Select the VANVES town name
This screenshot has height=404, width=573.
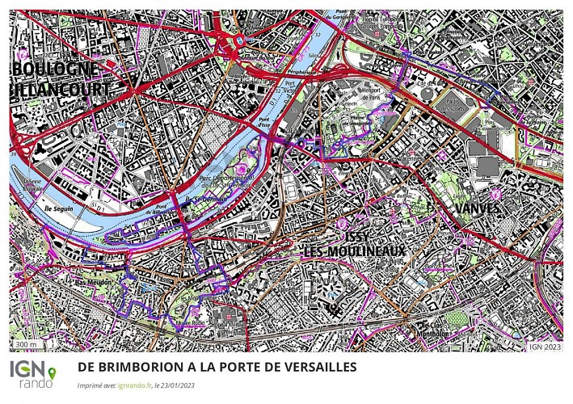[477, 208]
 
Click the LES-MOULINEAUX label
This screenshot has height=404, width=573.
[354, 252]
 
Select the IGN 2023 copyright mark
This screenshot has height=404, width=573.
[546, 346]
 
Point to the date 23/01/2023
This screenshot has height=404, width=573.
[179, 386]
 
